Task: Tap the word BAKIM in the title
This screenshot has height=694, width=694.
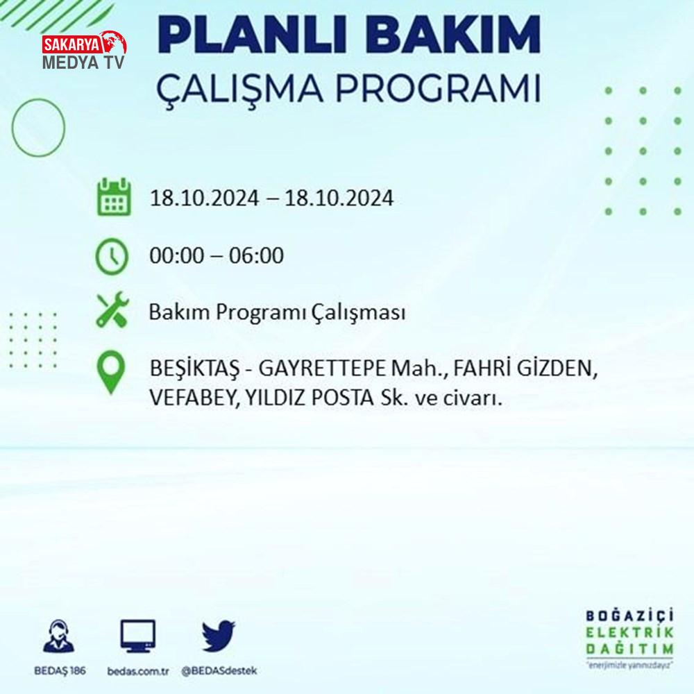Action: tap(452, 35)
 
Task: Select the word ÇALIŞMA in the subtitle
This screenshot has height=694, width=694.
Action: tap(239, 89)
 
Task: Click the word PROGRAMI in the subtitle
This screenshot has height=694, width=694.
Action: tap(438, 87)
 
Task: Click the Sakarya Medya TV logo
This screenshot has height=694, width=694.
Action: tap(84, 51)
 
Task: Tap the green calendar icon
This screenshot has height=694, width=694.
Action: tap(114, 197)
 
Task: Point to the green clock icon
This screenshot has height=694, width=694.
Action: tap(112, 256)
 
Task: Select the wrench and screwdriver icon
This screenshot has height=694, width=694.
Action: tap(112, 310)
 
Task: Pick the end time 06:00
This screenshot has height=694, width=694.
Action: tap(256, 255)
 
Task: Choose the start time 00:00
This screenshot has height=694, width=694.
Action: tap(177, 255)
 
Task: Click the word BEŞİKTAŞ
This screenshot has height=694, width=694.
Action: tap(194, 369)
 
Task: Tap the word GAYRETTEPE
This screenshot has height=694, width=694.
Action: tap(322, 369)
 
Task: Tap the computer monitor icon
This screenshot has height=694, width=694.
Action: tap(137, 636)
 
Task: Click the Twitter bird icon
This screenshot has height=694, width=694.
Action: tap(219, 636)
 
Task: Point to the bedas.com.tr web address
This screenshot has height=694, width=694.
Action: tap(138, 671)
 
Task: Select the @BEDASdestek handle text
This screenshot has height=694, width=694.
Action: tap(219, 671)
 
